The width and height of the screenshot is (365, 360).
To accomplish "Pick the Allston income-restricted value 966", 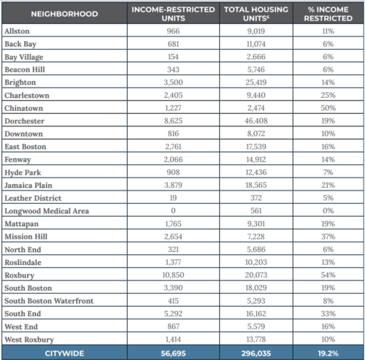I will point(173,32).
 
